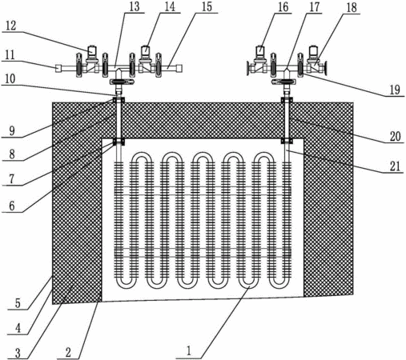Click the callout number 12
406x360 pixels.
pyautogui.click(x=11, y=26)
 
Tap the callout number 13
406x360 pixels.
pyautogui.click(x=135, y=7)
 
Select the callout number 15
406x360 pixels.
pyautogui.click(x=207, y=7)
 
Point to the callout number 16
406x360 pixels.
pyautogui.click(x=283, y=7)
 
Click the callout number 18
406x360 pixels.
pyautogui.click(x=352, y=7)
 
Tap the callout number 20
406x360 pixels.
pyautogui.click(x=396, y=137)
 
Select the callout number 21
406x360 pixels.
pyautogui.click(x=396, y=166)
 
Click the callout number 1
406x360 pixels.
pyautogui.click(x=189, y=351)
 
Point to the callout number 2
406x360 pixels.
pyautogui.click(x=68, y=353)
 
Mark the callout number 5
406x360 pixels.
pyautogui.click(x=18, y=303)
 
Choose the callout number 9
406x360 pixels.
pyautogui.click(x=12, y=131)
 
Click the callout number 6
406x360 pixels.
pyautogui.click(x=12, y=206)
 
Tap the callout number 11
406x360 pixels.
pyautogui.click(x=10, y=55)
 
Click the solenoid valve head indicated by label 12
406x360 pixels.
pyautogui.click(x=93, y=51)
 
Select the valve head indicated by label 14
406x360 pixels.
pyautogui.click(x=146, y=51)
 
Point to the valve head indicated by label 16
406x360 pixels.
pyautogui.click(x=260, y=51)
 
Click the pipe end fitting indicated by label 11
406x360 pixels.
pyautogui.click(x=58, y=69)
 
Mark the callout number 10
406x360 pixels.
pyautogui.click(x=10, y=79)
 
